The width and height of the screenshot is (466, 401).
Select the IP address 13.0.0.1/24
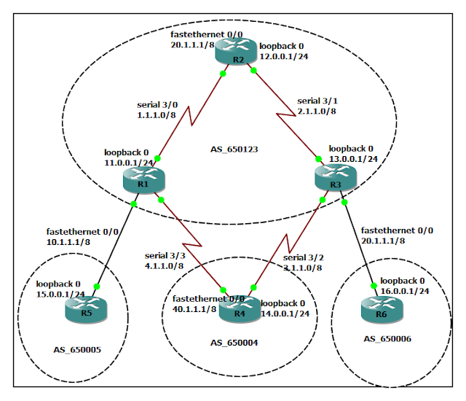352,157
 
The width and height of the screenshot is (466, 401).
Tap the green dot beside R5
96,287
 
